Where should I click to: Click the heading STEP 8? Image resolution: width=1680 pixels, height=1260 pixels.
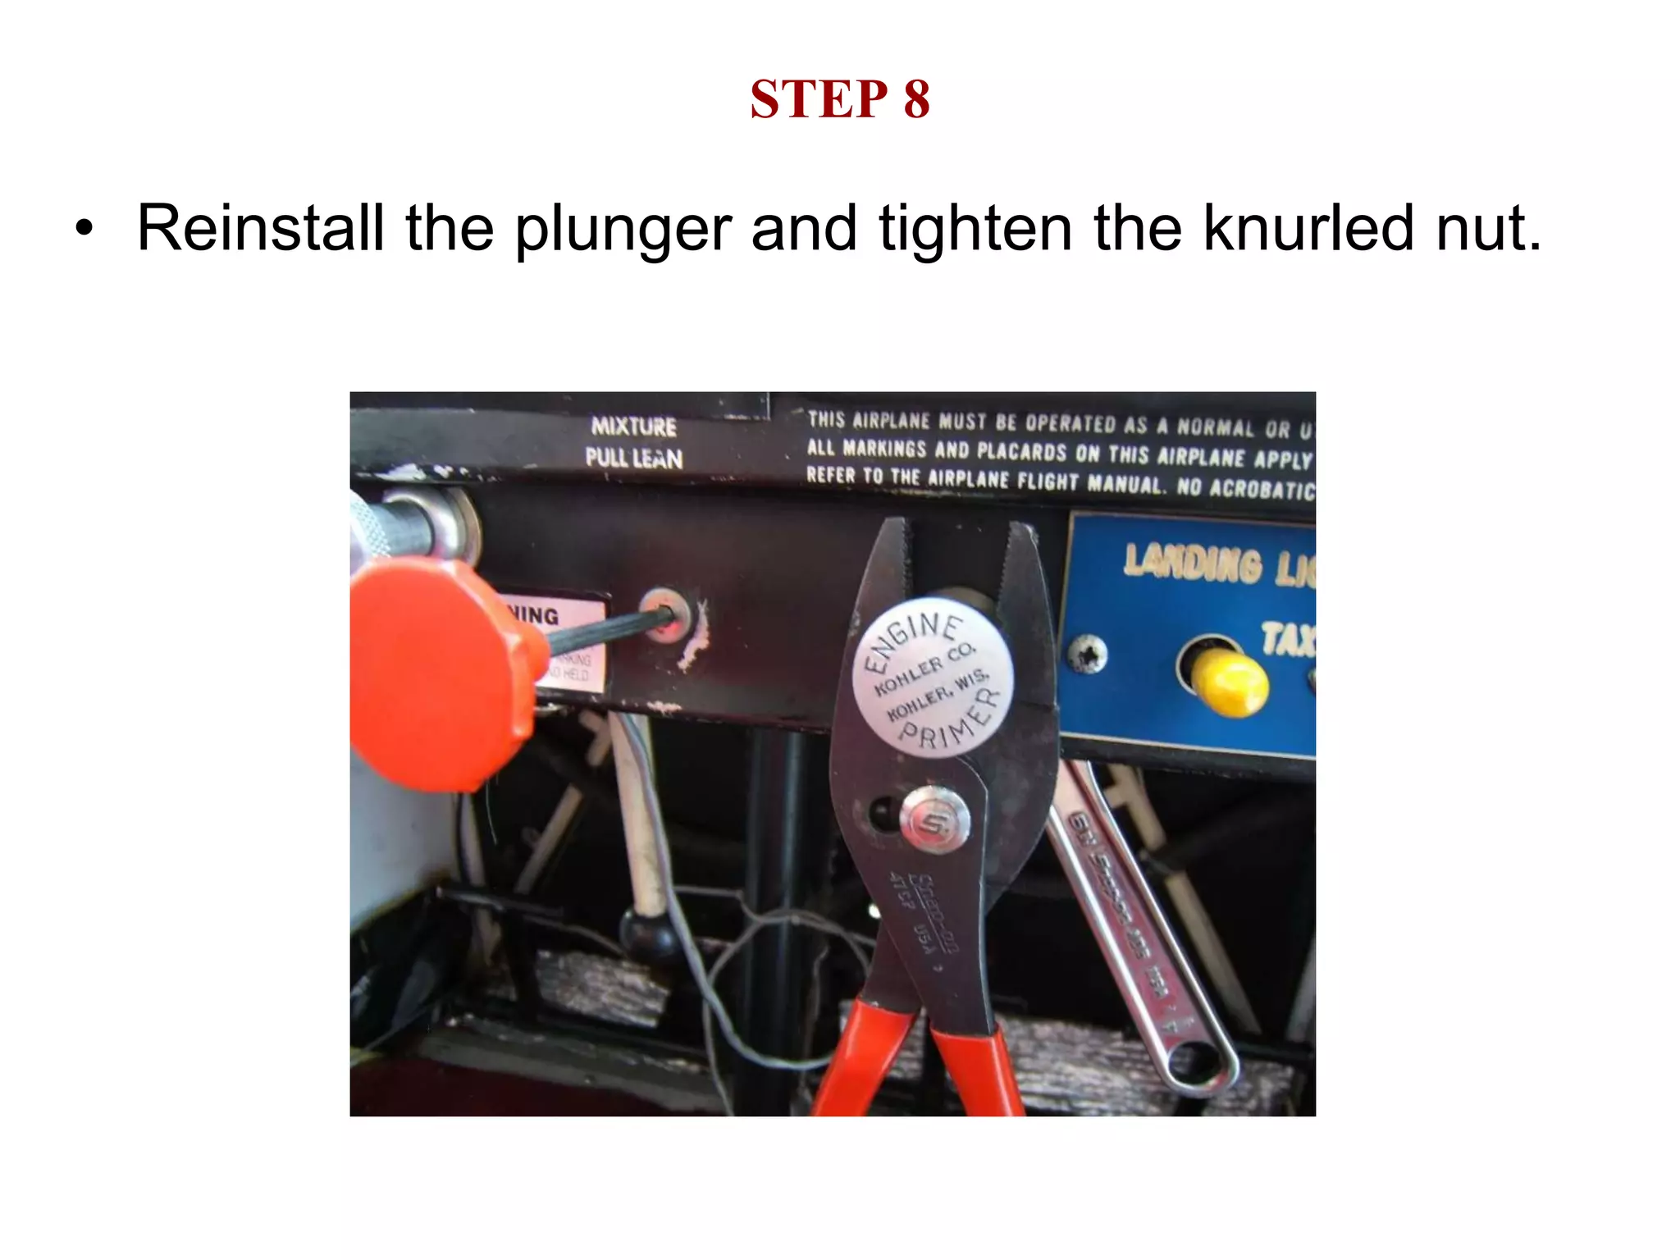tap(839, 100)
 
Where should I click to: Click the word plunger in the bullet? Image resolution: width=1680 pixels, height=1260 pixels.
tap(622, 230)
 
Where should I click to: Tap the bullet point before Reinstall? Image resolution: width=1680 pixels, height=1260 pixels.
tap(84, 230)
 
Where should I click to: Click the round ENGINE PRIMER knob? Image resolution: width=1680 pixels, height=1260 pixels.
tap(932, 680)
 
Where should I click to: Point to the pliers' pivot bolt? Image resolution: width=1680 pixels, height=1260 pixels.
tap(934, 819)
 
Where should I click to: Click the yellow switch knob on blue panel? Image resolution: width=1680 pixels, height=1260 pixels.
tap(1227, 683)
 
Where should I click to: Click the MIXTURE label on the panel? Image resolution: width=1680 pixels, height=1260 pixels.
tap(633, 427)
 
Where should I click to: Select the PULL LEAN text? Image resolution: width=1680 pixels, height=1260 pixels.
tap(633, 458)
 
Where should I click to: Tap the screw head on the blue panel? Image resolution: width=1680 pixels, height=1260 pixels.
tap(1087, 655)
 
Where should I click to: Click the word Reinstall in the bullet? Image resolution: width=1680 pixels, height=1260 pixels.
tap(260, 228)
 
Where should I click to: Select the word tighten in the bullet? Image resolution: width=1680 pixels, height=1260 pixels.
tap(975, 228)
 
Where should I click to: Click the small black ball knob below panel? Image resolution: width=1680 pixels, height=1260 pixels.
tap(645, 929)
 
